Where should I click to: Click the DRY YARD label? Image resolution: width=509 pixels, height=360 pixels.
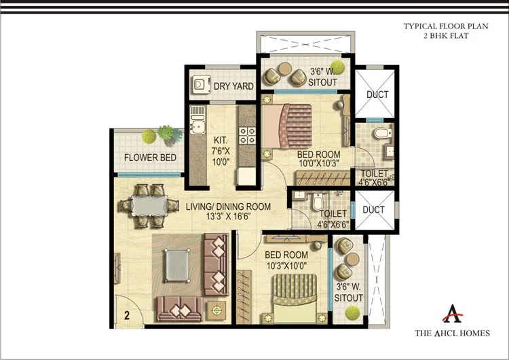[x=233, y=86]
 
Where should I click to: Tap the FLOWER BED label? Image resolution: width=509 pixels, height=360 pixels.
[x=150, y=158]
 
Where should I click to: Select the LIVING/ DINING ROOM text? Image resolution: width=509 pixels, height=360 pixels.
[x=228, y=206]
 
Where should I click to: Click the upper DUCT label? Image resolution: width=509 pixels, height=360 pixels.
[x=377, y=94]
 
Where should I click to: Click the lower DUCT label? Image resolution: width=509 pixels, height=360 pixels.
[x=374, y=211]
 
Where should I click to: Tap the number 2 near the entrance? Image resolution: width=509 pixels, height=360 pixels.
[x=126, y=315]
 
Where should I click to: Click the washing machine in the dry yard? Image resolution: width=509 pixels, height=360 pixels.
[x=200, y=85]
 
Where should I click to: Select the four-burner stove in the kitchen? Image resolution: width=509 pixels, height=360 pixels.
[x=248, y=134]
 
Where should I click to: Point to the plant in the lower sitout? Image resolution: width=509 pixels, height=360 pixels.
[x=352, y=312]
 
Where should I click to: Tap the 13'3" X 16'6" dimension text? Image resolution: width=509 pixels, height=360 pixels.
[x=228, y=217]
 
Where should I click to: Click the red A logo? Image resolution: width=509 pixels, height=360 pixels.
[x=452, y=313]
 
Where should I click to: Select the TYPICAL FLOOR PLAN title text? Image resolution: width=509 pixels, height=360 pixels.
[x=436, y=26]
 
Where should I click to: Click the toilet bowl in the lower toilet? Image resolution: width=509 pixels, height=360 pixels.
[x=317, y=202]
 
